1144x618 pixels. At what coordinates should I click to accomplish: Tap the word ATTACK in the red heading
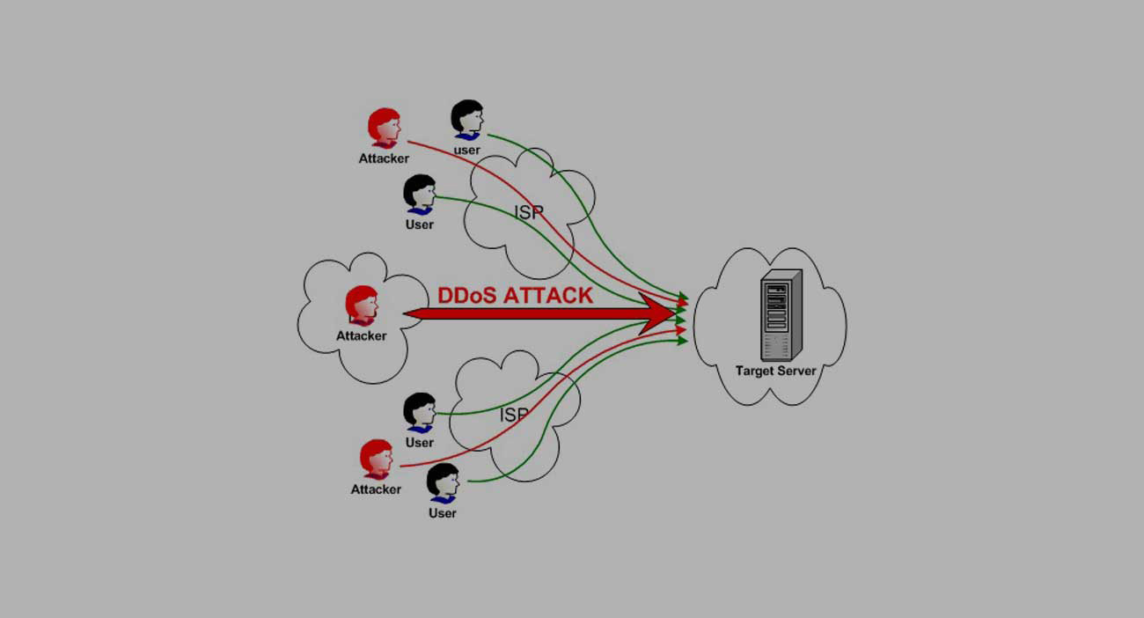[551, 295]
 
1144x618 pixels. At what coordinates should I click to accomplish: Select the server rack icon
[781, 313]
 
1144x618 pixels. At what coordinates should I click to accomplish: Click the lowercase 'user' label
[466, 151]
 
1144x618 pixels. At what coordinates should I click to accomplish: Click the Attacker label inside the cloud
[361, 335]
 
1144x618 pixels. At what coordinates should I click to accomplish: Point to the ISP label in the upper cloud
[529, 212]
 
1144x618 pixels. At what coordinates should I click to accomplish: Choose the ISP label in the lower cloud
[514, 414]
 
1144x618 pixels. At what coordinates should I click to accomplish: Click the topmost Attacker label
[384, 159]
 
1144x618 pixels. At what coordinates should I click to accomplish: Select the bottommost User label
[442, 512]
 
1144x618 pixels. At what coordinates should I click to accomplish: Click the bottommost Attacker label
[376, 489]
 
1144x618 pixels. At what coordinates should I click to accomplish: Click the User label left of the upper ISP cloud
[419, 224]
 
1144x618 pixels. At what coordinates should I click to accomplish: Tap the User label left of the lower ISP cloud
[419, 442]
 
